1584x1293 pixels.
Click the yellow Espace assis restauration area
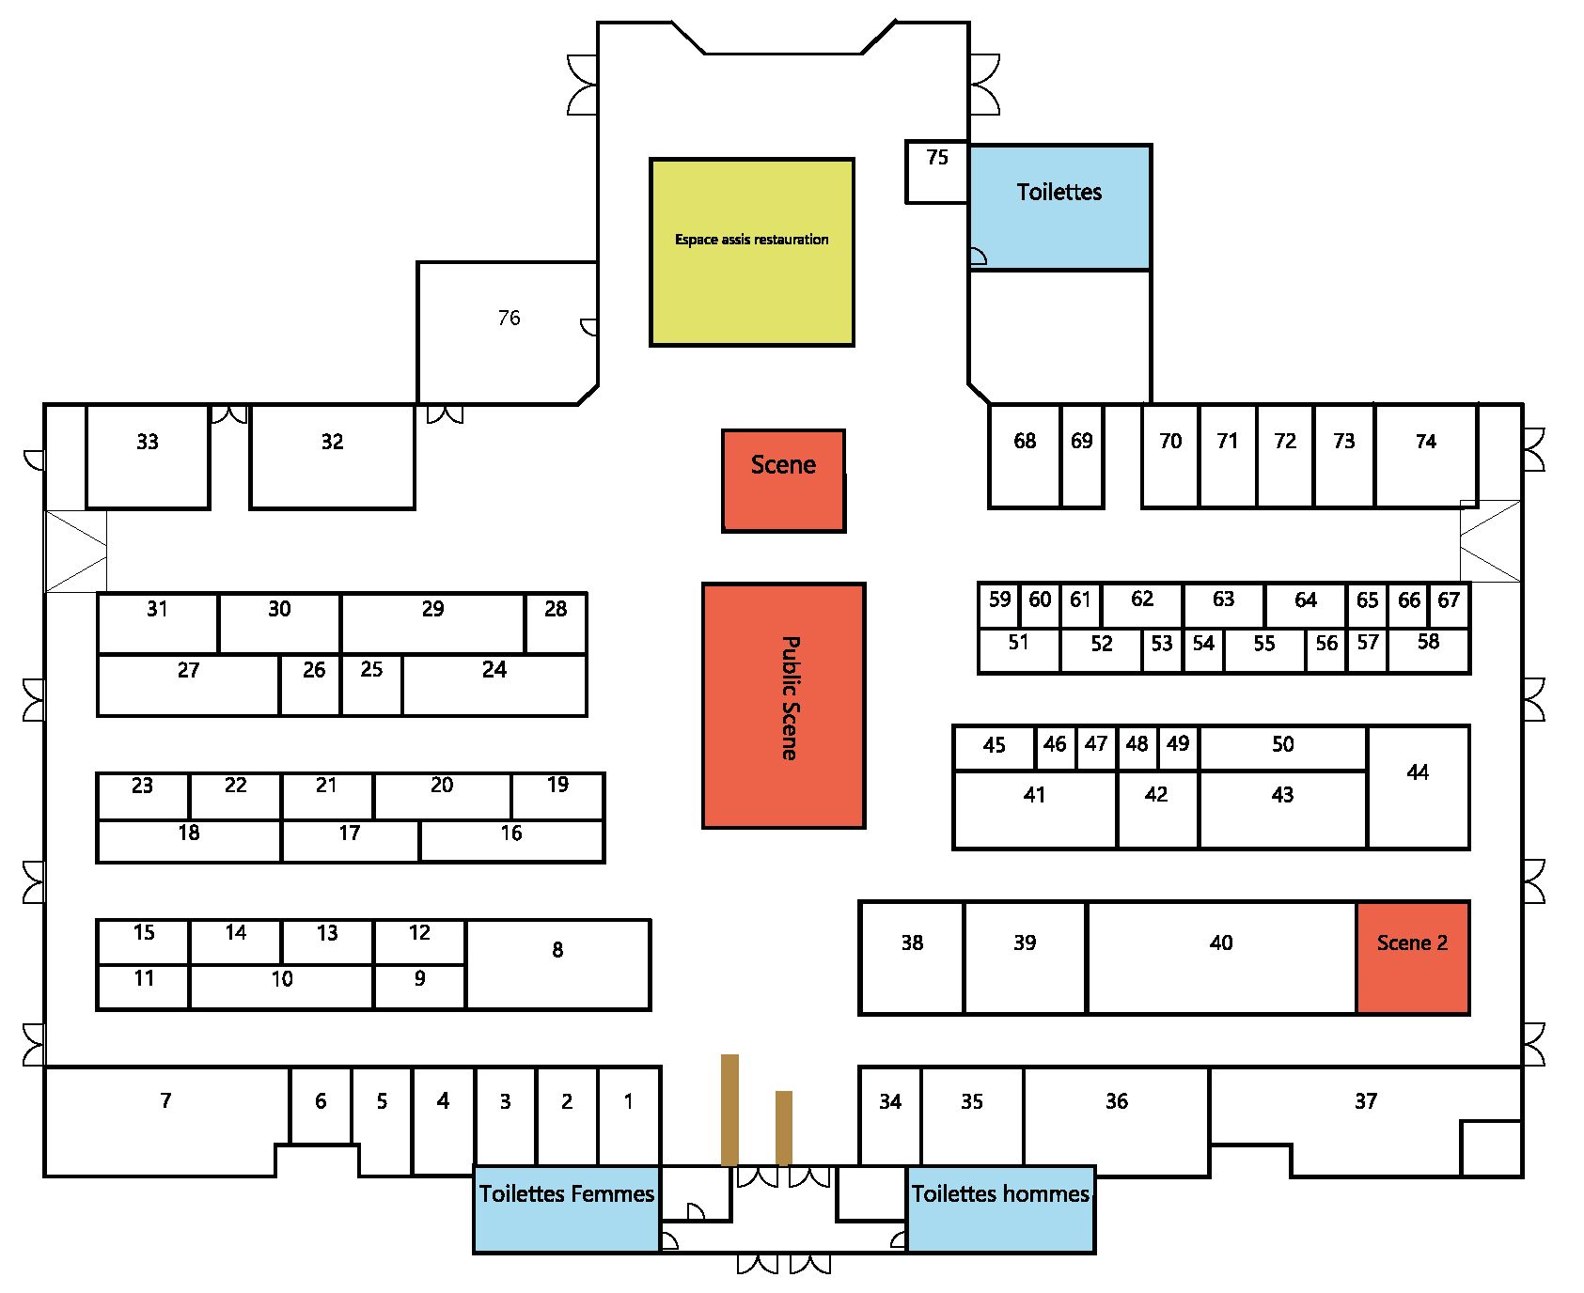[x=751, y=252]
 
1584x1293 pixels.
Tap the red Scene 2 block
[x=1412, y=958]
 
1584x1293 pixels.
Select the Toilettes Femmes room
[x=566, y=1208]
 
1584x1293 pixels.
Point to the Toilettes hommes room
[x=1000, y=1208]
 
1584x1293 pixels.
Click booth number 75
[x=936, y=171]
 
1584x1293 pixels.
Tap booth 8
[x=557, y=964]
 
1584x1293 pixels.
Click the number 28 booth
[x=556, y=622]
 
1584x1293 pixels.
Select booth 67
[x=1449, y=605]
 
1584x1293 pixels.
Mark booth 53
[x=1162, y=650]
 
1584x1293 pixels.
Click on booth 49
[x=1178, y=749]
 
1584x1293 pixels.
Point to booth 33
[x=148, y=456]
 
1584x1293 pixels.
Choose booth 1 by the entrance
[x=629, y=1114]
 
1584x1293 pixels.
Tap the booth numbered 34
[x=889, y=1114]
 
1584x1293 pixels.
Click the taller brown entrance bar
[x=729, y=1109]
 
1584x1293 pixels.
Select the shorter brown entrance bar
[x=784, y=1128]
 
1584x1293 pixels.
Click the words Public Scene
[x=790, y=698]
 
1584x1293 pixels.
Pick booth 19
[x=557, y=795]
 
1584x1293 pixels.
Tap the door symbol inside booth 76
[x=589, y=327]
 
